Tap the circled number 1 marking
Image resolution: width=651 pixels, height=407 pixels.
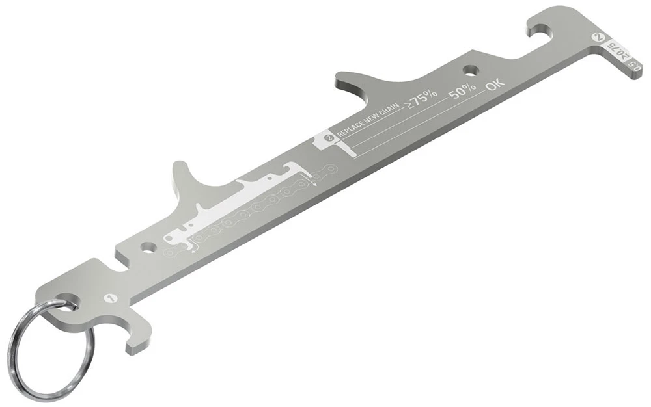point(110,298)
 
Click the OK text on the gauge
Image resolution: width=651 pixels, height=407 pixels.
point(495,83)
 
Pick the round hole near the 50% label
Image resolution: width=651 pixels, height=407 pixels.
point(469,70)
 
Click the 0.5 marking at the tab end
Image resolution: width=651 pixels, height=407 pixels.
point(636,67)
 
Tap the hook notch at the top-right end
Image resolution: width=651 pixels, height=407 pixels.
point(542,28)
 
